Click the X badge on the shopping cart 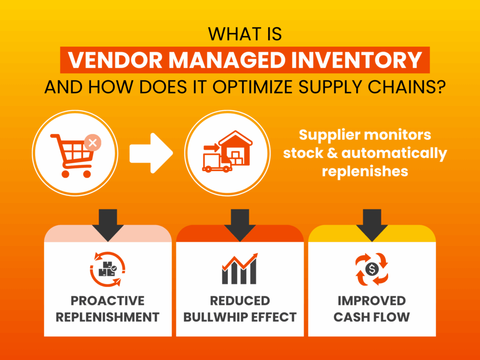pos(92,143)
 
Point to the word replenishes pos(365,171)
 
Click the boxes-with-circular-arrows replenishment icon pos(108,269)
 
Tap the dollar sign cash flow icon pos(372,269)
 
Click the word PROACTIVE pos(108,300)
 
